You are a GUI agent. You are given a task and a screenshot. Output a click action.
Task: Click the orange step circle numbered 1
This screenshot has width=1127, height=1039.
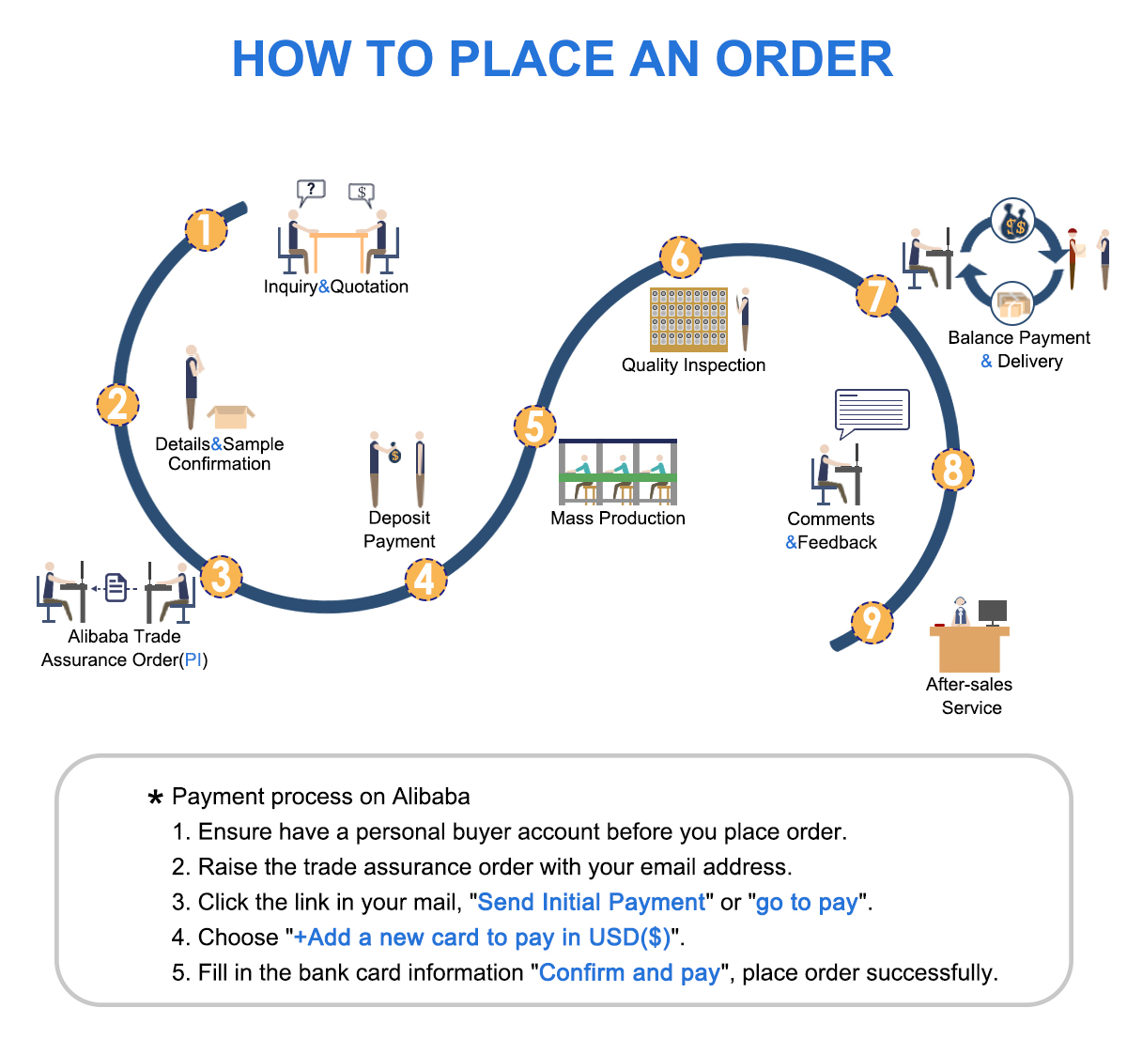(207, 230)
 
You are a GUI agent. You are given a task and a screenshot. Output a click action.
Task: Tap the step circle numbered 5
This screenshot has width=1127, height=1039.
(534, 426)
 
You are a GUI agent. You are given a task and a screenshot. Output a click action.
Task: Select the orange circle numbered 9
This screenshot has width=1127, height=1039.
(872, 623)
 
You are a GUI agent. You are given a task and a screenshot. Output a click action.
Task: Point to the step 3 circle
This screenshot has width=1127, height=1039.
(222, 576)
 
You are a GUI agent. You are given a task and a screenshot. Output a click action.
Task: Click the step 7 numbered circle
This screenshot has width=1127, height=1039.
(876, 296)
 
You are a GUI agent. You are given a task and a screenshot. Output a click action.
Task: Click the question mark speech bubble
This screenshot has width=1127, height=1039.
(311, 193)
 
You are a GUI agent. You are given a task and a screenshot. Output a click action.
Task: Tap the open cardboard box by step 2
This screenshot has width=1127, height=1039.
(231, 417)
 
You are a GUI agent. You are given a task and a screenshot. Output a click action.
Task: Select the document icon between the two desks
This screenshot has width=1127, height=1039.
(116, 587)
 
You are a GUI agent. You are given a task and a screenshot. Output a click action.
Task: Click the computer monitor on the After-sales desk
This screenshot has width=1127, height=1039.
(992, 613)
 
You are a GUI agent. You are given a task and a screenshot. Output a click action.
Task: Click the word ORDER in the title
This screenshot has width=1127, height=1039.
(804, 58)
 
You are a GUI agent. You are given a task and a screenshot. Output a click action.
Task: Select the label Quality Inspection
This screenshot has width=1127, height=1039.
(693, 364)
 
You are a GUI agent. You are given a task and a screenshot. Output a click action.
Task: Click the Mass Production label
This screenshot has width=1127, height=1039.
(617, 518)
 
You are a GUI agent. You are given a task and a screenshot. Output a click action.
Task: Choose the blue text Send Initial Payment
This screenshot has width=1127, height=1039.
(591, 902)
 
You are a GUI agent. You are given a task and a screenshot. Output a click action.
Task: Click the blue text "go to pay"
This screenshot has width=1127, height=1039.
(807, 903)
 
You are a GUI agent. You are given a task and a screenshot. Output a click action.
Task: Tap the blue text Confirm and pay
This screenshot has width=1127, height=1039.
(629, 972)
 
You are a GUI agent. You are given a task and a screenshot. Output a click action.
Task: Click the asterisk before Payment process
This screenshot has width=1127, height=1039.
(155, 798)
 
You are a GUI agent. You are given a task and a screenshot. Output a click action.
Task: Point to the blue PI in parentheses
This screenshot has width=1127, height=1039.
(193, 659)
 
